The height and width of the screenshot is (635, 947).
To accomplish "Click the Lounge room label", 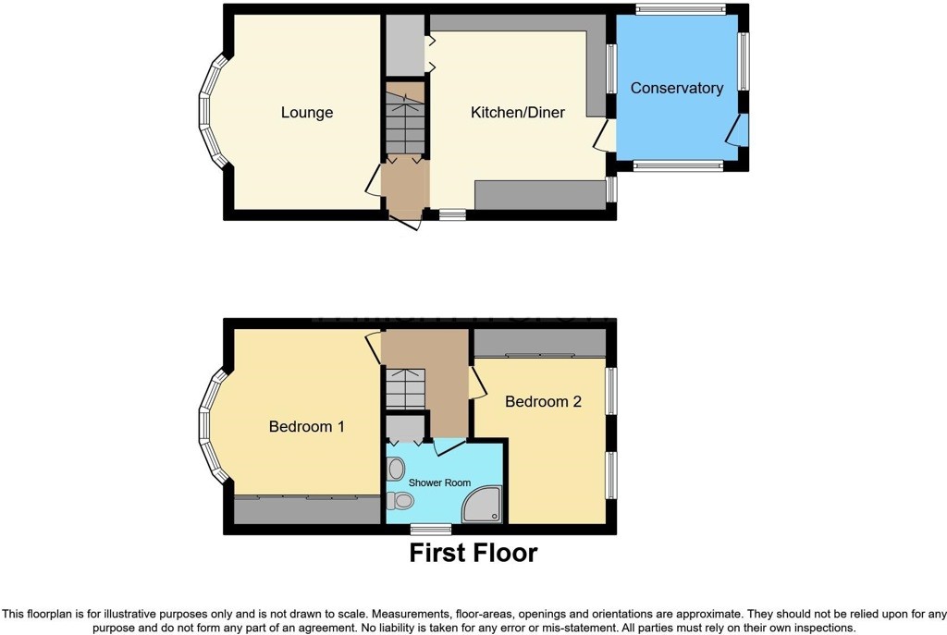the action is [307, 113].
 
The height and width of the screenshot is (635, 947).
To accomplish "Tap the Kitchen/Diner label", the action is [518, 112].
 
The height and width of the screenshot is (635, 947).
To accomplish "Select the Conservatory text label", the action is [676, 88].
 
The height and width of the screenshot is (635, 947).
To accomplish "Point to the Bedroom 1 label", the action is [307, 427].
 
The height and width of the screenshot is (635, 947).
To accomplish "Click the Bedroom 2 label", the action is [543, 401].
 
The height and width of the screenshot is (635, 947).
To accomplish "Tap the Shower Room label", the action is [439, 482].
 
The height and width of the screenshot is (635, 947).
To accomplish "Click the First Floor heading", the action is [473, 553].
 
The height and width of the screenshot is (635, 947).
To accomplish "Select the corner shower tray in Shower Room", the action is [481, 505].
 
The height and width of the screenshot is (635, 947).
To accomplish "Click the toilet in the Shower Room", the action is [400, 500].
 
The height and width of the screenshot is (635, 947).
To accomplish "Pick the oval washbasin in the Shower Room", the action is [396, 469].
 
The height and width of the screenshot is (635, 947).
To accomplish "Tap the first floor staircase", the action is [405, 388].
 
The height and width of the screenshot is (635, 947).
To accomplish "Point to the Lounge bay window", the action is [213, 112].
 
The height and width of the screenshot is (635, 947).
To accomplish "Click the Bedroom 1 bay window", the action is [213, 427].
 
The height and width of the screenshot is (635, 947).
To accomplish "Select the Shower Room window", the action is [431, 530].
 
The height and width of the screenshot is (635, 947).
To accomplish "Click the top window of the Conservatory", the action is [680, 8].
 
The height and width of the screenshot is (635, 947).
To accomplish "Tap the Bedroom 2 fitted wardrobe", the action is [540, 344].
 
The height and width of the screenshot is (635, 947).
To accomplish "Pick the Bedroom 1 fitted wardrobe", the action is [307, 510].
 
